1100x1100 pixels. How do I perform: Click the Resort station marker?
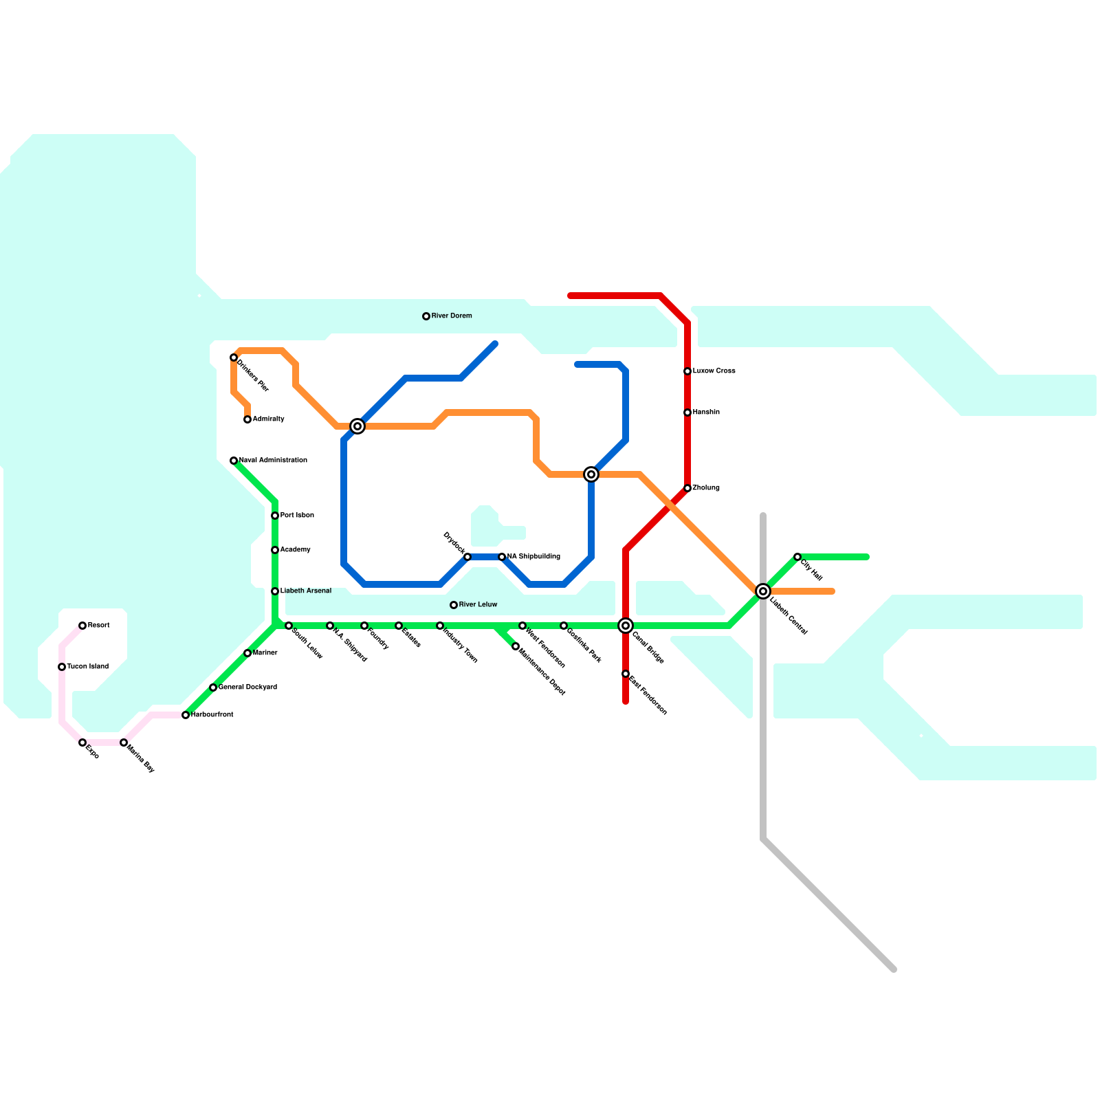coord(82,626)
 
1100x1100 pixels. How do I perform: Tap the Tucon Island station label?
coord(87,667)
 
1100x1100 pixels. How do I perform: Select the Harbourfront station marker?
coord(186,715)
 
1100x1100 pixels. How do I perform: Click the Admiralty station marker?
coord(247,419)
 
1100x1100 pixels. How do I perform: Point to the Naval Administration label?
coord(273,461)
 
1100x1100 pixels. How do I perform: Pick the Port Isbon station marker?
coord(275,516)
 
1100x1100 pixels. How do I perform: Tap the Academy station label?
coord(296,550)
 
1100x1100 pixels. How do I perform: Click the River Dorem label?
coord(452,316)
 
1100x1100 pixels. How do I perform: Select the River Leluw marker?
coord(454,605)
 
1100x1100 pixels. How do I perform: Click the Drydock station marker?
coord(467,557)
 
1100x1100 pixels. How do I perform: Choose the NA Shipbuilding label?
coord(533,557)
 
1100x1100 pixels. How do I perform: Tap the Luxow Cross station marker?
coord(687,371)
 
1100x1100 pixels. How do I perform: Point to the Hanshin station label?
coord(706,412)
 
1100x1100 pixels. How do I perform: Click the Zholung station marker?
coord(687,488)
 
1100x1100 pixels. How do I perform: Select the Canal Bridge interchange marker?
coord(626,626)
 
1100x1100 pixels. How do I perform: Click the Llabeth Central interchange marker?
coord(763,591)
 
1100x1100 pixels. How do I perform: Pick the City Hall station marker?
coord(797,557)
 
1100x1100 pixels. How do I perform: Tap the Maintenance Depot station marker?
coord(516,646)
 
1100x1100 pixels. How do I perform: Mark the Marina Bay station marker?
coord(124,742)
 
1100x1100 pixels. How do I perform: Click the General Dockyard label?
coord(247,687)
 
